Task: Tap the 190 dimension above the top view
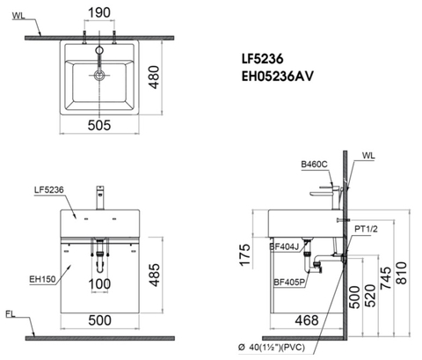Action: [99, 12]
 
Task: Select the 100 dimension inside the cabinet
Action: [100, 285]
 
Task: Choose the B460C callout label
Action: [312, 165]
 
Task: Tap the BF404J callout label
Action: [284, 247]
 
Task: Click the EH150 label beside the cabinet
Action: [41, 280]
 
